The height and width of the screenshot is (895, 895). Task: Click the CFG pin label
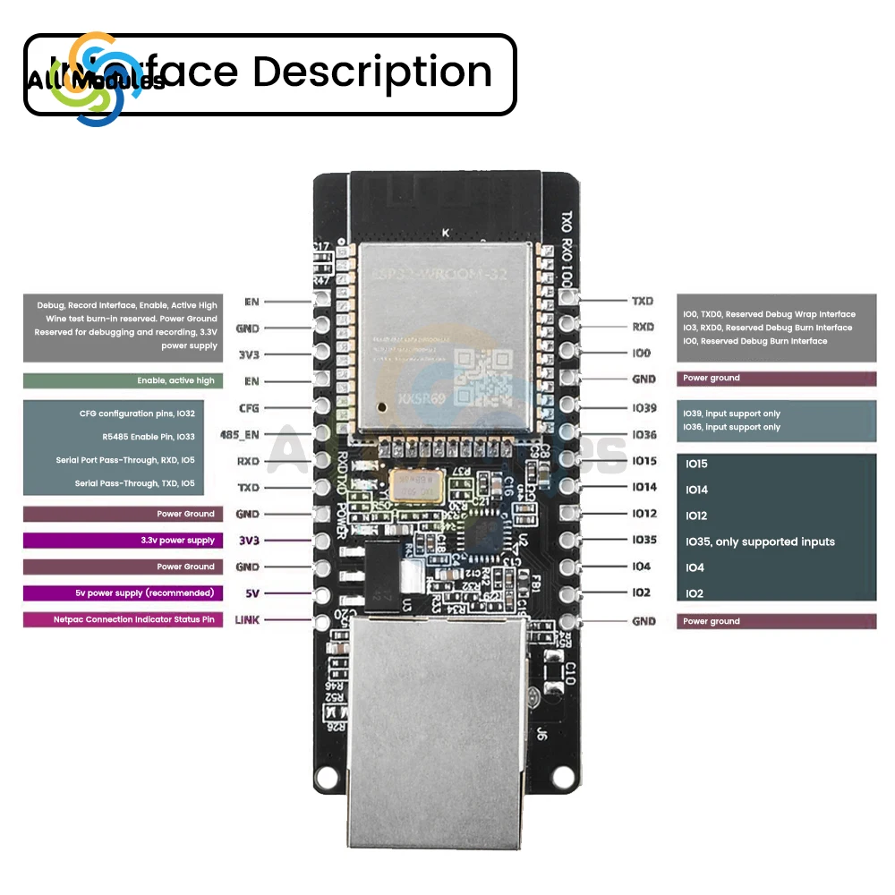248,408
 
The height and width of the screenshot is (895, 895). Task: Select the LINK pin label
246,619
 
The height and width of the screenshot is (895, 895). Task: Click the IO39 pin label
644,408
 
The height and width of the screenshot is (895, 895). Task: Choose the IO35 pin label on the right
644,540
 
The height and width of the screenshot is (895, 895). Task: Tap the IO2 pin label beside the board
641,592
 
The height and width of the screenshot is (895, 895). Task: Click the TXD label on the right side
643,302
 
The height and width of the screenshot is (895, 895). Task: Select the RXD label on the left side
248,461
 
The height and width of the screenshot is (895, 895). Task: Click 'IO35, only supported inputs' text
760,541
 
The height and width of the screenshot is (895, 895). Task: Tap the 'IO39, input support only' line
731,414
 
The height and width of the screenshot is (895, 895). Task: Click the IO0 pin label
641,354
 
